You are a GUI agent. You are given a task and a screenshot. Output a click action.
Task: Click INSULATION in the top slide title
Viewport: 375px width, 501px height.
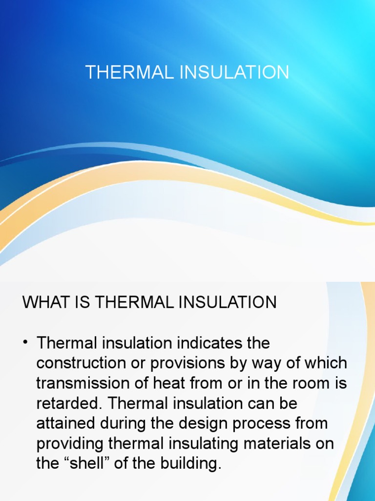235,72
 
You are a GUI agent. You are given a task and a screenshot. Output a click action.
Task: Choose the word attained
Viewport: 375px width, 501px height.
65,424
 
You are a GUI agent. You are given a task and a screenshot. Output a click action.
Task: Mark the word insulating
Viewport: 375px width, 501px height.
193,444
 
